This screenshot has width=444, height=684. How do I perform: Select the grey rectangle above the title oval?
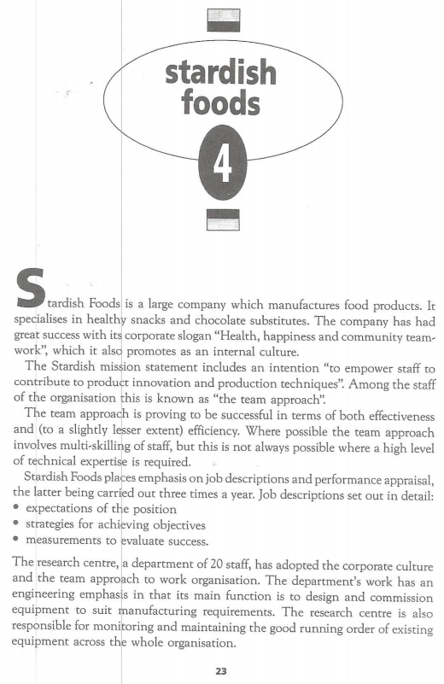222,20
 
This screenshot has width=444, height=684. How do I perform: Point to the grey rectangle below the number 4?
222,220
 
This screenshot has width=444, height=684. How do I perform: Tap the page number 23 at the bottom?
221,671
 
